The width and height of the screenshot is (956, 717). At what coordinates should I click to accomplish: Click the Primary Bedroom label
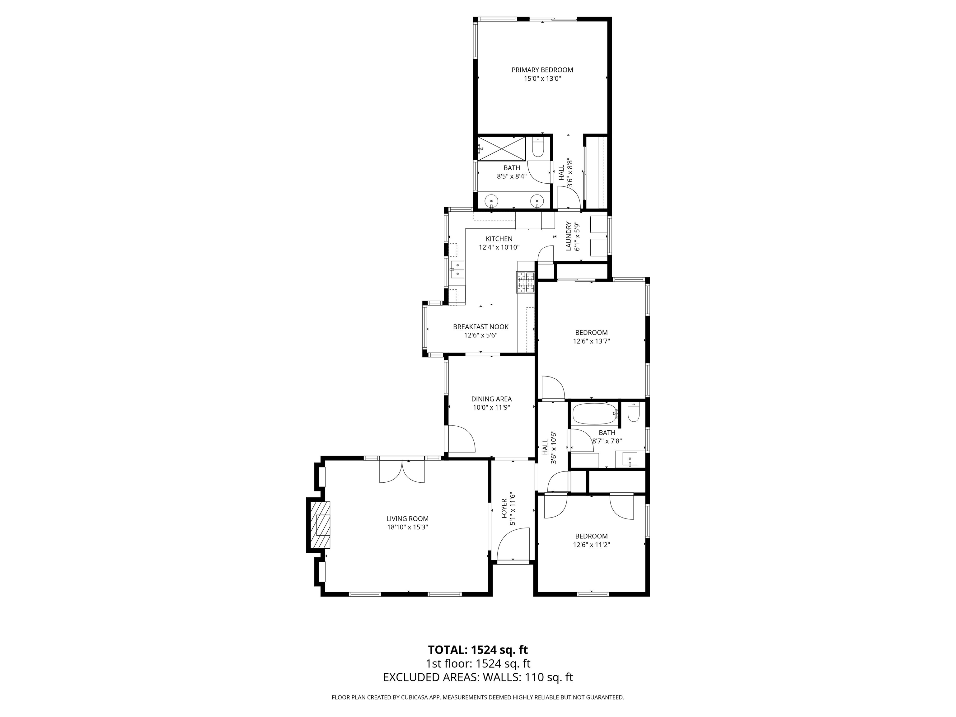542,70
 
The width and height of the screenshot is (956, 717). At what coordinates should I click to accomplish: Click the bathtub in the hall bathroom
595,414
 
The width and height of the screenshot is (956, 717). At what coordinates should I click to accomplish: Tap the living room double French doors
402,471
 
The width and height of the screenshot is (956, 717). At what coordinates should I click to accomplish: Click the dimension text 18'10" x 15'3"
408,527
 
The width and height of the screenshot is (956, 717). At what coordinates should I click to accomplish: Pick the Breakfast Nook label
480,327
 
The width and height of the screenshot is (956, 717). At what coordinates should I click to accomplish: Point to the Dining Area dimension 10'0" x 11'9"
491,407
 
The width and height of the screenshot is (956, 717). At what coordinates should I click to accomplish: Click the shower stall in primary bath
501,149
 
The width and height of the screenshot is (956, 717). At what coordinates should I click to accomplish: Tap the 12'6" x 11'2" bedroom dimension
591,545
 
